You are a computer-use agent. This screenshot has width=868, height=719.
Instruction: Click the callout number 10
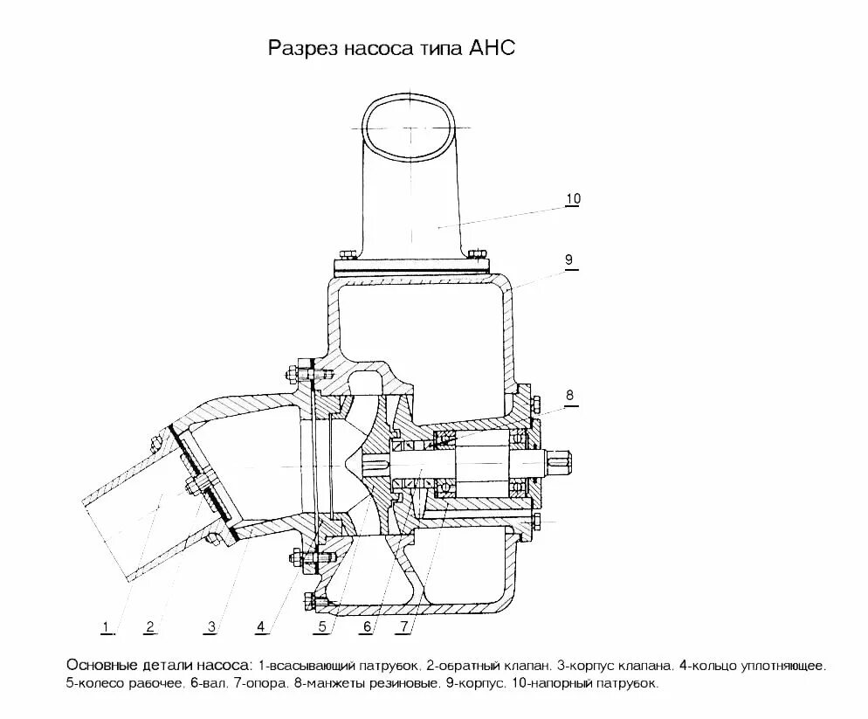[x=573, y=199]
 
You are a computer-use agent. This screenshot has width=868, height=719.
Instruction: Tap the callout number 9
[x=568, y=259]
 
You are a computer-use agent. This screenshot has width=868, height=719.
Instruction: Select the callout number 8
[x=569, y=395]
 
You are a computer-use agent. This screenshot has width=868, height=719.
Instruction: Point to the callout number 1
[x=106, y=626]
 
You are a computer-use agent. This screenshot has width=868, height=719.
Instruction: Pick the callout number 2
[x=150, y=626]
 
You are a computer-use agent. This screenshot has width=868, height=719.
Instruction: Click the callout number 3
[x=212, y=626]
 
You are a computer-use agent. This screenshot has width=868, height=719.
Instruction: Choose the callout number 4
[x=260, y=626]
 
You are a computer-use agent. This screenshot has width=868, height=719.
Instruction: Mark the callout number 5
[x=322, y=626]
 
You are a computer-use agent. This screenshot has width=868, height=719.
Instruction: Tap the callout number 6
[x=368, y=626]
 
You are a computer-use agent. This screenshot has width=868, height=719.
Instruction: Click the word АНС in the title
[x=494, y=47]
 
